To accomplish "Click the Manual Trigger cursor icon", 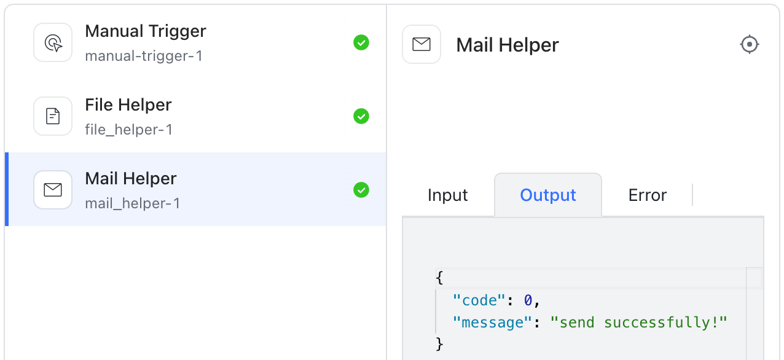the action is click(53, 43).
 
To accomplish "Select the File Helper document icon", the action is click(53, 116).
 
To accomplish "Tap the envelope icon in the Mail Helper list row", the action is click(53, 190).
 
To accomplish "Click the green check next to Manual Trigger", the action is click(361, 42).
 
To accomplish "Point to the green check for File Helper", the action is click(361, 116).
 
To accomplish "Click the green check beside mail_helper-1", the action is click(361, 190).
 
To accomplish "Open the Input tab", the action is click(447, 195).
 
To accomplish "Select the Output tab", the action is click(548, 195).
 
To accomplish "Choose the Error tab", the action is click(647, 195).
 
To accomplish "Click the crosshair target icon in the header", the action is click(749, 45).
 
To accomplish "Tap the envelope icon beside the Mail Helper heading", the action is click(421, 44).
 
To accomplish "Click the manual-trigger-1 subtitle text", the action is click(144, 57).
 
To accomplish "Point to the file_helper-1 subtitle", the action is click(129, 130).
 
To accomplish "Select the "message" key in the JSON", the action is click(492, 323).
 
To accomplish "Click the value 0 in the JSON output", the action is click(528, 300).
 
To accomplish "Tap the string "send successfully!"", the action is click(638, 323).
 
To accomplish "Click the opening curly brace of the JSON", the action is click(439, 278).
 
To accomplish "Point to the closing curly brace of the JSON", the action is click(439, 344).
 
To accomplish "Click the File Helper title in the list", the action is click(128, 105).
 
